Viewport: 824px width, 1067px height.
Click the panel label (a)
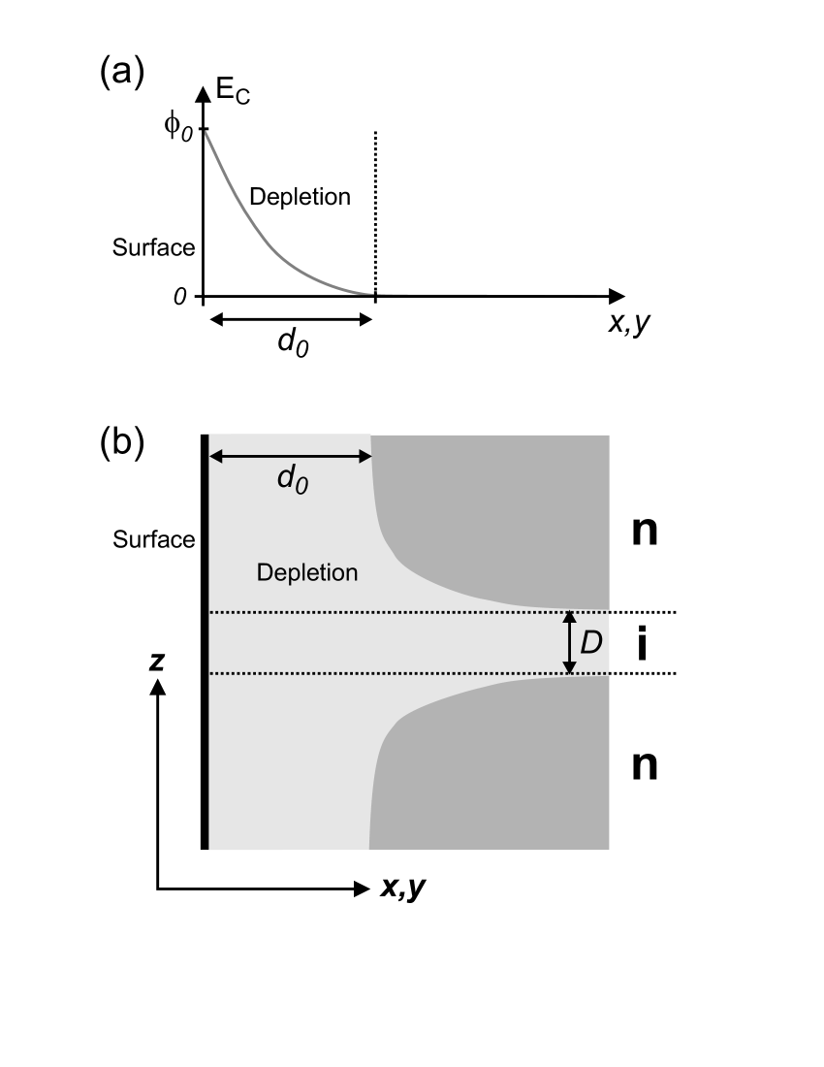click(x=122, y=73)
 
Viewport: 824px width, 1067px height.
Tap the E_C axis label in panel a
click(x=233, y=97)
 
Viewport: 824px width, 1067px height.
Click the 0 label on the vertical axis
click(x=179, y=296)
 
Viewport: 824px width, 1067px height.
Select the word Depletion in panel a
click(x=300, y=197)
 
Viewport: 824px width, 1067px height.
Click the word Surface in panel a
click(x=154, y=247)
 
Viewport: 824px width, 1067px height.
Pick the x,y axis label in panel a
click(x=628, y=323)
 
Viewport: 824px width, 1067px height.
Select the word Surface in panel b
click(x=154, y=539)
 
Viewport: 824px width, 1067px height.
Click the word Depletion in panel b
click(x=307, y=573)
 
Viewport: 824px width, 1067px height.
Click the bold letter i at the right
click(x=643, y=645)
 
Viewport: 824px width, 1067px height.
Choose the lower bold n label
click(x=645, y=766)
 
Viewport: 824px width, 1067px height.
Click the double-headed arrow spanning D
click(x=570, y=642)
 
